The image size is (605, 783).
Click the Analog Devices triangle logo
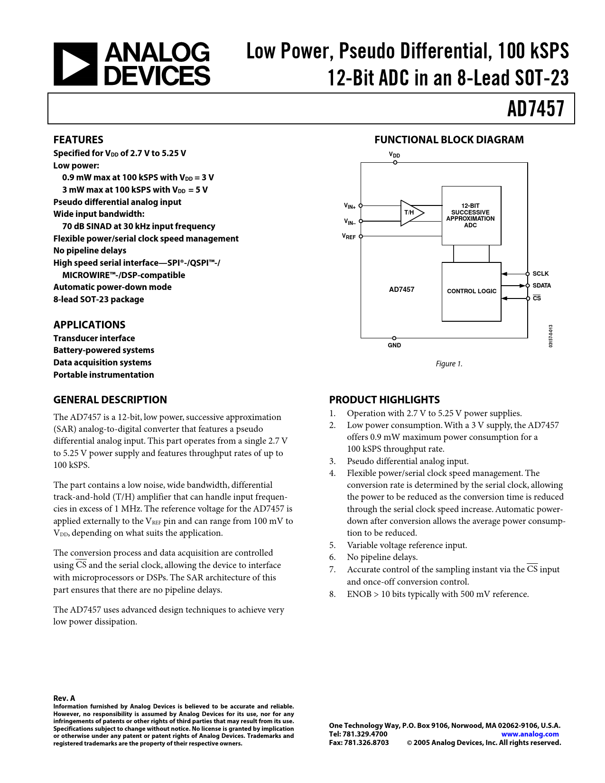pyautogui.click(x=75, y=64)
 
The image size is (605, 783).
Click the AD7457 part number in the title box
pyautogui.click(x=535, y=109)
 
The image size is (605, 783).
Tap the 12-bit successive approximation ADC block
pyautogui.click(x=471, y=215)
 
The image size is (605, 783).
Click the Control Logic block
pyautogui.click(x=471, y=291)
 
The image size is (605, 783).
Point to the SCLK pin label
pyautogui.click(x=540, y=274)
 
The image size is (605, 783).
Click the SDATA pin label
pyautogui.click(x=541, y=285)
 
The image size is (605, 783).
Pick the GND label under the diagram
pyautogui.click(x=394, y=345)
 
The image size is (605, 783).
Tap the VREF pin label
pyautogui.click(x=349, y=237)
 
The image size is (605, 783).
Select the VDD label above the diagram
pyautogui.click(x=395, y=155)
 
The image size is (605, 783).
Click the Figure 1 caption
pyautogui.click(x=449, y=364)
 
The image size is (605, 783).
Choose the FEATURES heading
pyautogui.click(x=78, y=140)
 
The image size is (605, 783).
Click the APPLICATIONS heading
pyautogui.click(x=89, y=325)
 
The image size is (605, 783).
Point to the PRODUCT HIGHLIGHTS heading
pyautogui.click(x=384, y=400)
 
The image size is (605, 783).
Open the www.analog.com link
pyautogui.click(x=530, y=734)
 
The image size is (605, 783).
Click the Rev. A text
pyautogui.click(x=64, y=699)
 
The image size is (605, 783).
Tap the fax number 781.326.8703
pyautogui.click(x=366, y=743)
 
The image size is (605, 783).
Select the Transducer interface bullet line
pyautogui.click(x=94, y=338)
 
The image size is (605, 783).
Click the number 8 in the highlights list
pyautogui.click(x=332, y=594)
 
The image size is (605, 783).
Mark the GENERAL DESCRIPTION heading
pyautogui.click(x=110, y=400)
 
